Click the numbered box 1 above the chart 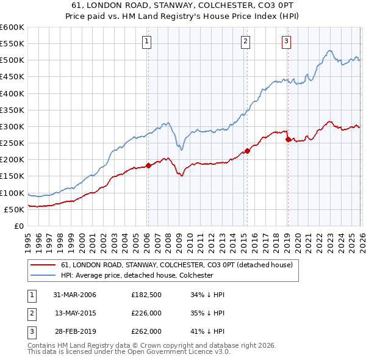(148, 41)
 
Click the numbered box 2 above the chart (245, 41)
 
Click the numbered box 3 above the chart (286, 41)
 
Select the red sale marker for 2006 (148, 165)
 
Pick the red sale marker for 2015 (247, 151)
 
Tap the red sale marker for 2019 (288, 139)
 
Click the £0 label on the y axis (18, 226)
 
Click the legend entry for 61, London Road (177, 265)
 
